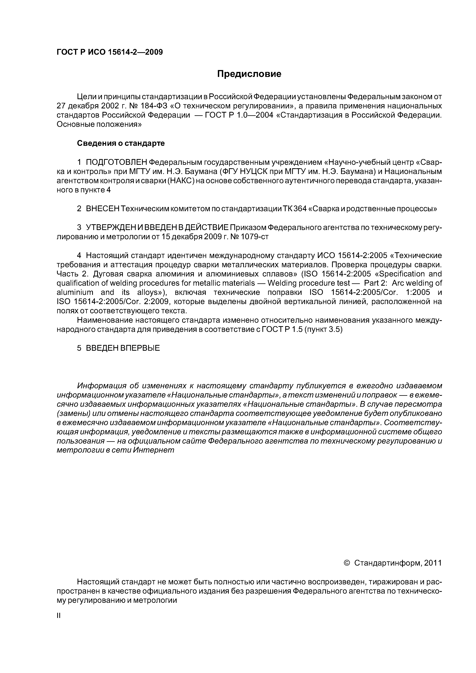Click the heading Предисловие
coord(249,74)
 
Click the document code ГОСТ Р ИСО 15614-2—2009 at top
coord(109,52)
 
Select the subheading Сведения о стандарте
coord(121,143)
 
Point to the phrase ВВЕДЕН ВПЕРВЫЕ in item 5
coord(123,348)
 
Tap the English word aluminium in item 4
coord(75,292)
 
